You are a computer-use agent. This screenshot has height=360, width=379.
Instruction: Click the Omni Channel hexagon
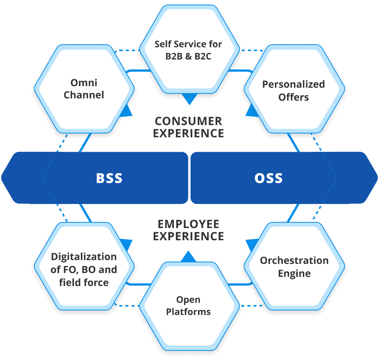click(84, 88)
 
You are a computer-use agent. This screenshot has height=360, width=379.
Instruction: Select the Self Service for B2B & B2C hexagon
click(188, 49)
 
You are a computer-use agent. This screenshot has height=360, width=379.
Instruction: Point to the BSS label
click(109, 178)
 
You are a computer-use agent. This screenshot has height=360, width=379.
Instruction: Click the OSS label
click(268, 178)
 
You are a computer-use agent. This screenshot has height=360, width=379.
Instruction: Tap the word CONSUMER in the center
click(188, 121)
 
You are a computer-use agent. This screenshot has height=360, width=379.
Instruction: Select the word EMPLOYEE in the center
click(188, 223)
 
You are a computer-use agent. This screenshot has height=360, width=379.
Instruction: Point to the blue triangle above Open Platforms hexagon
click(188, 257)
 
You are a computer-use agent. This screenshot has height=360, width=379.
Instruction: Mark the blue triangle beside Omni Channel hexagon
click(127, 111)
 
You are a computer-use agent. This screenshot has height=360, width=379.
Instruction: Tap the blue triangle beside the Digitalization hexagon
click(127, 244)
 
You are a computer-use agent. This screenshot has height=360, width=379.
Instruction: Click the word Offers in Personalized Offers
click(294, 97)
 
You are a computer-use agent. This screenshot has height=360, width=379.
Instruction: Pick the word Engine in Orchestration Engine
click(294, 273)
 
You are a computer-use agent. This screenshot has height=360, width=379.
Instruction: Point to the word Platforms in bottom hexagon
click(188, 312)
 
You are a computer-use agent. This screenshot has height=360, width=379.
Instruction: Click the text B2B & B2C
click(188, 56)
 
